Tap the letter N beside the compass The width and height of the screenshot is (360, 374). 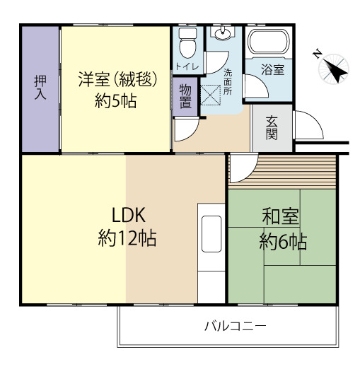(x=318, y=52)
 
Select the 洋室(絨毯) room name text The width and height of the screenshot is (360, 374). (x=117, y=78)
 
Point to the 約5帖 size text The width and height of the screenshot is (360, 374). (x=116, y=101)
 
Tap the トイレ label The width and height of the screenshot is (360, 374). (x=187, y=66)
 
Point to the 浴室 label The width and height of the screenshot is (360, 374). (x=272, y=70)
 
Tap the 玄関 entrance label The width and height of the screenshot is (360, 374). (x=272, y=128)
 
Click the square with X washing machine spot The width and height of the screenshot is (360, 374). (x=212, y=94)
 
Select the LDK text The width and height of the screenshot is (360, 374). (x=127, y=215)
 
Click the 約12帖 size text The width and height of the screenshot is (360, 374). (x=127, y=238)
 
